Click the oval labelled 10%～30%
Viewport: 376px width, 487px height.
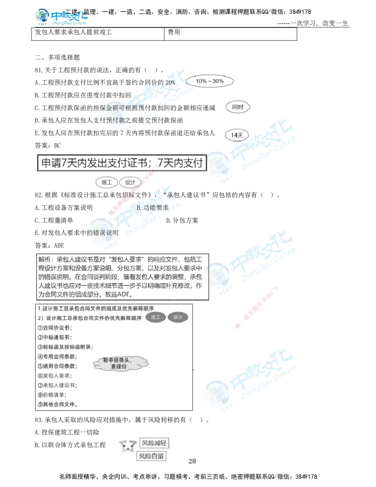click(210, 81)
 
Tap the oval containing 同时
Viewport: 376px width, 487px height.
click(238, 107)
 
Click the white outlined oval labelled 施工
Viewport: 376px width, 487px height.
click(107, 182)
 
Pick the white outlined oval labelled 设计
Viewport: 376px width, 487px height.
click(130, 182)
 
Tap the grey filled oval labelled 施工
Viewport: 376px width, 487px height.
click(156, 318)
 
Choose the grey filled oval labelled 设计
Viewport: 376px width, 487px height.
click(178, 318)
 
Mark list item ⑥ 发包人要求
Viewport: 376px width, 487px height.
click(54, 376)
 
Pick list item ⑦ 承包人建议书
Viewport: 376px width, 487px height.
click(57, 385)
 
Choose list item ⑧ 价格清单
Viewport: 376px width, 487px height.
click(52, 395)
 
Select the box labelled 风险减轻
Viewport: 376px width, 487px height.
click(154, 443)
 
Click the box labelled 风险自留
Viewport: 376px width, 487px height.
click(151, 456)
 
